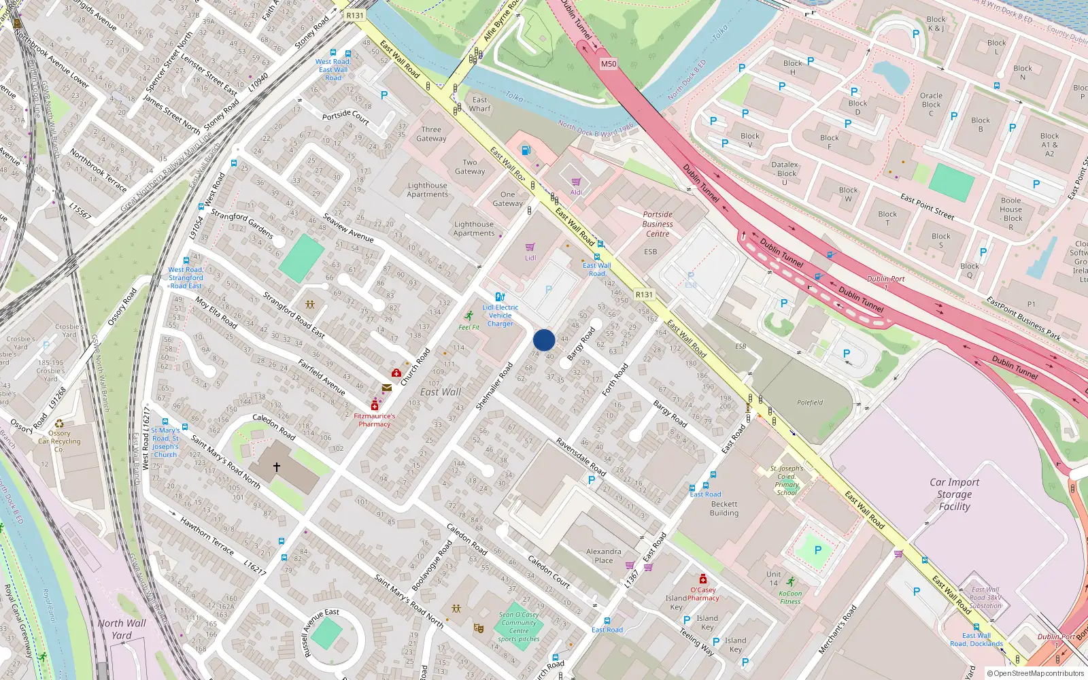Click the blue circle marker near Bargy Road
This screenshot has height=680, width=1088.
544,340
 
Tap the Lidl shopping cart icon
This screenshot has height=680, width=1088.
530,248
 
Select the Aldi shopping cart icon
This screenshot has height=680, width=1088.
577,182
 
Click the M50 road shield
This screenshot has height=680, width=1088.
609,64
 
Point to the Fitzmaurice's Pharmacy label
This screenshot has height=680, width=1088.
375,420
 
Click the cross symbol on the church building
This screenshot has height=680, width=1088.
277,467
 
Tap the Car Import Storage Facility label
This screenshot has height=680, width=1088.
954,494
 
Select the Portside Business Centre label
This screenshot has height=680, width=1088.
658,224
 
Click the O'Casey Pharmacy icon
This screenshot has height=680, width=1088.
703,579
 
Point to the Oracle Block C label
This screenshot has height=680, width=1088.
931,104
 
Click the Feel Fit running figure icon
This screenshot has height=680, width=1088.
469,316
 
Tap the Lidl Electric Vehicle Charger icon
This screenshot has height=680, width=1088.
500,297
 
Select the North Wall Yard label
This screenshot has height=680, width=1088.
122,629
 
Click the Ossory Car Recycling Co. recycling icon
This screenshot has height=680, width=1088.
59,423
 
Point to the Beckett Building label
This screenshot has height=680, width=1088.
724,509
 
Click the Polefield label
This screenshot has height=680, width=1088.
810,403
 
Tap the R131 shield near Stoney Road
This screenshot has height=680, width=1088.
354,15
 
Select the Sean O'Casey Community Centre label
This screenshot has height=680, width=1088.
519,626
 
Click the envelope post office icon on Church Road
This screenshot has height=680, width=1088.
386,388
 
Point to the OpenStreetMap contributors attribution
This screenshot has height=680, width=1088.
1036,674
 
